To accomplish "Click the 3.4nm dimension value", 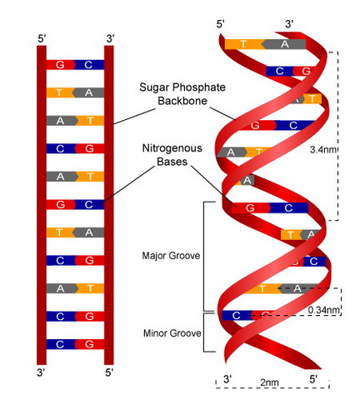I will pyautogui.click(x=322, y=151).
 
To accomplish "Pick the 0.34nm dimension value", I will pyautogui.click(x=324, y=310).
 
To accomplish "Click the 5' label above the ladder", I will pyautogui.click(x=42, y=38).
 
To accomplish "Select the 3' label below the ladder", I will pyautogui.click(x=42, y=369).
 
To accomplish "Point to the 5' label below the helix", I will pyautogui.click(x=314, y=379).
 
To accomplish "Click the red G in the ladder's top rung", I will pyautogui.click(x=60, y=64).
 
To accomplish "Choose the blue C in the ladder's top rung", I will pyautogui.click(x=88, y=64).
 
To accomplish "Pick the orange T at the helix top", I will pyautogui.click(x=242, y=44).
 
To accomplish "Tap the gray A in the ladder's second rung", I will pyautogui.click(x=88, y=92).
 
